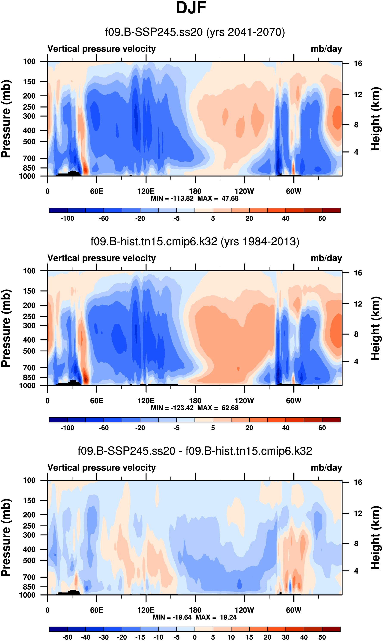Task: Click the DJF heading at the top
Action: (191, 8)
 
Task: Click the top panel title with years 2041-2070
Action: (195, 32)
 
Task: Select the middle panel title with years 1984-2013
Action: (195, 241)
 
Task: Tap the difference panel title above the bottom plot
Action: (195, 451)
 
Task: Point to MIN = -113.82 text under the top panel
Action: (172, 198)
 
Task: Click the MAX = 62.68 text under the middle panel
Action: (218, 408)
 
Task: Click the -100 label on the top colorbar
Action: (67, 219)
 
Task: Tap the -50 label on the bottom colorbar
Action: (67, 637)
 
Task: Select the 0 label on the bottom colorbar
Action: (195, 637)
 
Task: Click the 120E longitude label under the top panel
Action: (146, 191)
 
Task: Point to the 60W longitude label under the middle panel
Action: (294, 401)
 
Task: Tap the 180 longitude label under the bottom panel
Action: (195, 610)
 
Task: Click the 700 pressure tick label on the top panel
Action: (29, 158)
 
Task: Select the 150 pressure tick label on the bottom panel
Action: (29, 501)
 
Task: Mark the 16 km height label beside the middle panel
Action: (358, 273)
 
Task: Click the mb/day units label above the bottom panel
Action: (326, 468)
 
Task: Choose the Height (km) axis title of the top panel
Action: (376, 119)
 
